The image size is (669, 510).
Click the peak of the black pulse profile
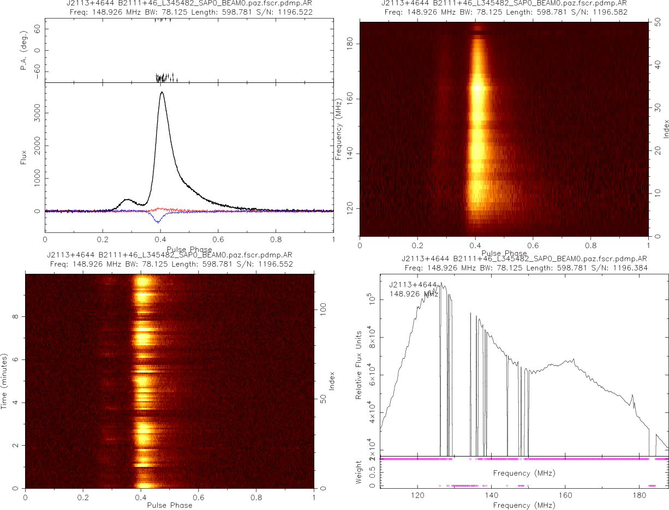click(x=162, y=92)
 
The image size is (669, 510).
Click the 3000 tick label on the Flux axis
click(x=33, y=113)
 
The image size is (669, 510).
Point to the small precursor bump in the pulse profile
click(x=127, y=200)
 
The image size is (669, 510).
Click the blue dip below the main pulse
click(x=158, y=221)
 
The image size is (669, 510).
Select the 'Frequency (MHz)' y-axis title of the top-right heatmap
click(x=339, y=129)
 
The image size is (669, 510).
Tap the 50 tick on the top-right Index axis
click(x=658, y=23)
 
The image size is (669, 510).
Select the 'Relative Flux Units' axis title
click(x=359, y=364)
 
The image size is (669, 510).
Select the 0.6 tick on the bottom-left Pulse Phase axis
click(x=199, y=498)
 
